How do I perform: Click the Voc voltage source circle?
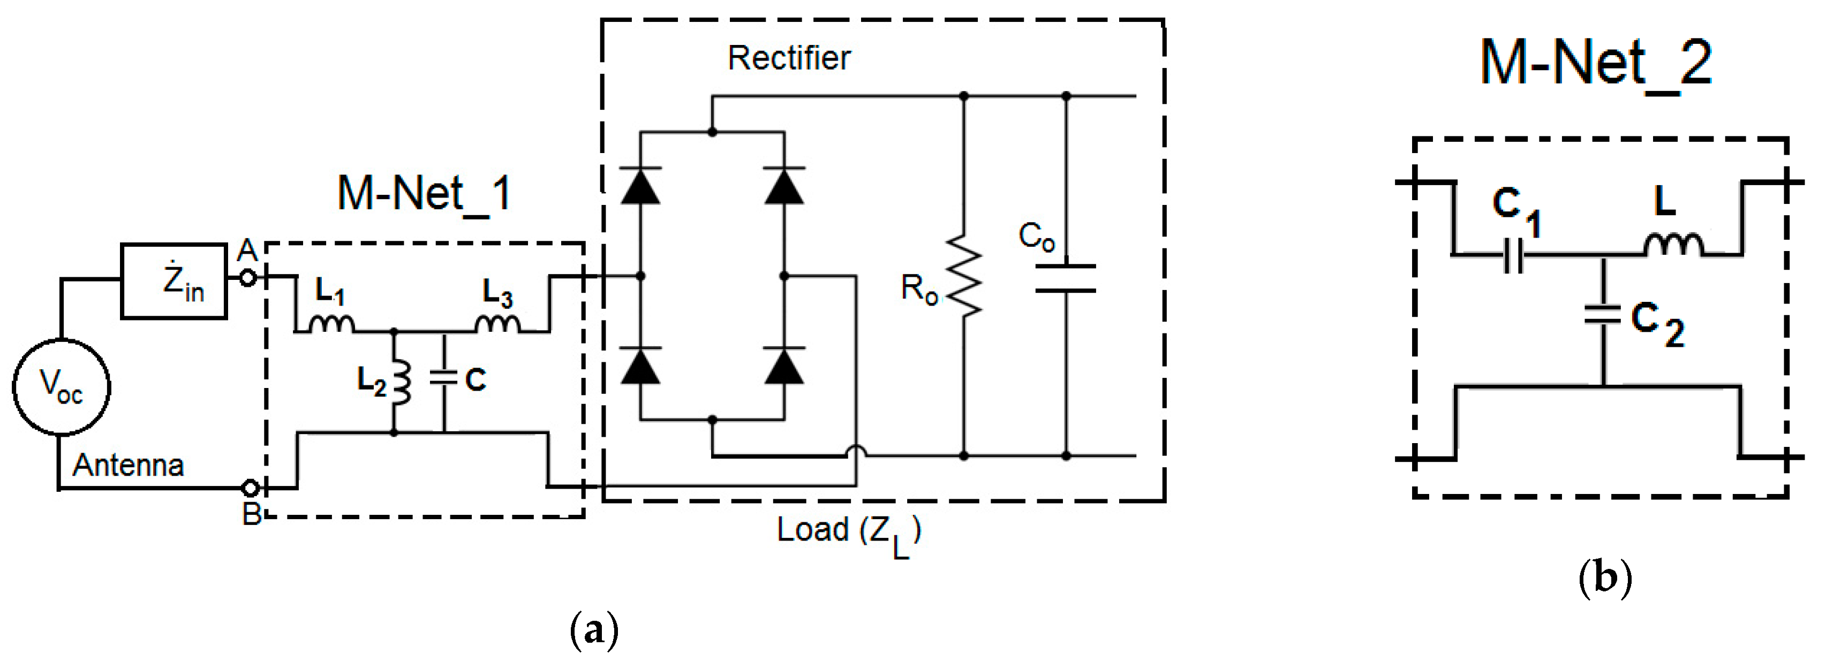61,387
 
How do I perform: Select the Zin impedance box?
173,280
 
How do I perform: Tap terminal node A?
247,277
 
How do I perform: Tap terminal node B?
250,488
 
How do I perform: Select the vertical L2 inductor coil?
403,383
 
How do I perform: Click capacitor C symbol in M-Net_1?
444,379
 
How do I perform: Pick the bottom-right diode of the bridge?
784,366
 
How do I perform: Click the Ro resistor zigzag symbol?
964,275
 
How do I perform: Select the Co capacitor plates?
1066,278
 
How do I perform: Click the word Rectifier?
788,58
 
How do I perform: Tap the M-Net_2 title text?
1596,64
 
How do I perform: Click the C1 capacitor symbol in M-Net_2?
1513,255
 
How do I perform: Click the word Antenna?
129,466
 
